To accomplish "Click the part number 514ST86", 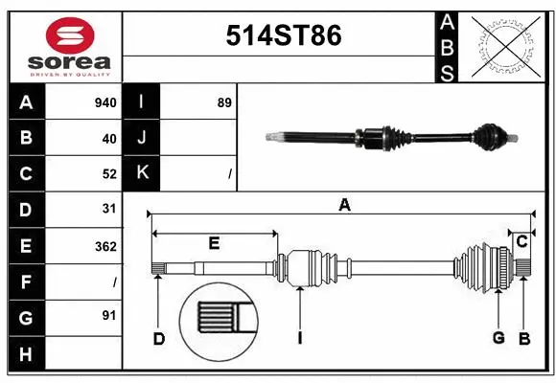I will [283, 35].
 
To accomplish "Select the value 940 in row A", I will [105, 102].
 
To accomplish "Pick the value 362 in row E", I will [105, 246].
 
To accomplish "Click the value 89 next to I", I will [224, 102].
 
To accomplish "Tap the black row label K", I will [142, 173].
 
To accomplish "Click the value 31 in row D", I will [108, 209].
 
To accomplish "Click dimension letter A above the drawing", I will [344, 204].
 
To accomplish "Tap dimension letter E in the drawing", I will [214, 243].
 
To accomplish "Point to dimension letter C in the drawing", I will [521, 242].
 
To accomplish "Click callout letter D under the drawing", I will [159, 338].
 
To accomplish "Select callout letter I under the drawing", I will [300, 338].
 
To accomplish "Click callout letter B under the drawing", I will [524, 338].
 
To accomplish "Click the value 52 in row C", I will [108, 174].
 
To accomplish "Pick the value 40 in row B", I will [108, 139].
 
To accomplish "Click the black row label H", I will [26, 353].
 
